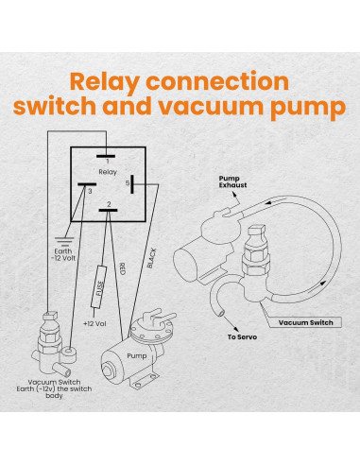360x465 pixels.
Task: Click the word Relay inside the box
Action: point(108,171)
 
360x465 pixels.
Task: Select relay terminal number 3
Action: point(90,190)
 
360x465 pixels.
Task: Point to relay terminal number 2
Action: point(111,204)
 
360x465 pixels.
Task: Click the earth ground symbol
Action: point(61,241)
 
